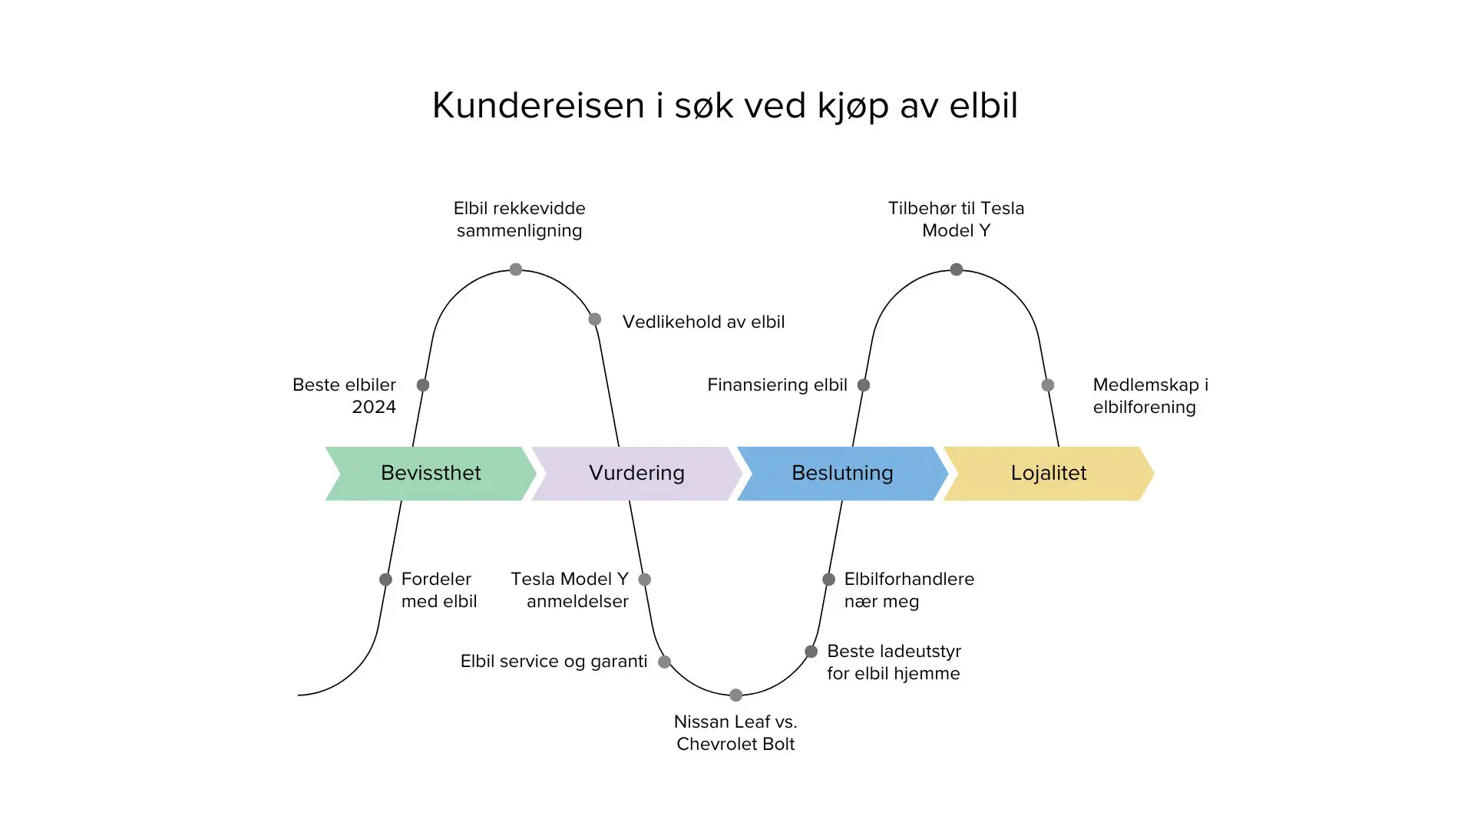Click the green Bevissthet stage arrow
tap(431, 473)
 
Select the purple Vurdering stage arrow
tap(636, 473)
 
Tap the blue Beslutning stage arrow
tap(842, 473)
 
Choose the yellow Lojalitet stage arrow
tap(1048, 473)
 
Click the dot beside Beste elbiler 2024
tap(423, 385)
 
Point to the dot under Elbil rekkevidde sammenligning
tap(516, 269)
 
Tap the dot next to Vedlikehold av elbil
tap(595, 319)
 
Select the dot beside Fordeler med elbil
tap(385, 580)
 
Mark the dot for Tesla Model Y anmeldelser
tap(645, 580)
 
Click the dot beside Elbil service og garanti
tap(665, 662)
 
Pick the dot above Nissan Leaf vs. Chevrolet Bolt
tap(736, 695)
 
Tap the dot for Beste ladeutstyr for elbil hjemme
tap(811, 652)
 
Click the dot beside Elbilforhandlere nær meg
tap(828, 580)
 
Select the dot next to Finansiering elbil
tap(864, 385)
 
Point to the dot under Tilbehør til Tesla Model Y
tap(957, 269)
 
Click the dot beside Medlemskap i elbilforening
tap(1048, 385)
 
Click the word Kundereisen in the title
tap(538, 105)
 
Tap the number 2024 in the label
tap(374, 407)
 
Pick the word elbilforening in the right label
tap(1144, 407)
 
